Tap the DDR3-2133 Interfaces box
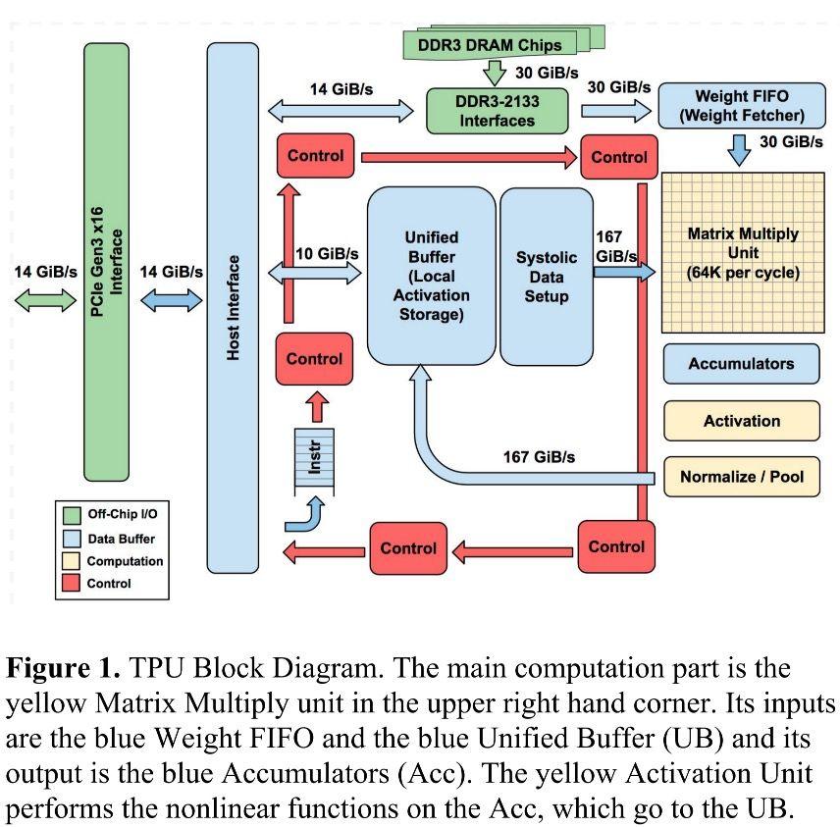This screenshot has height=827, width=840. [497, 111]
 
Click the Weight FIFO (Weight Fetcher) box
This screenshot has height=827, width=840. [742, 106]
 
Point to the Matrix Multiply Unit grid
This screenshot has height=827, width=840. [743, 253]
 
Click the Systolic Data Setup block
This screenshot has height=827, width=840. [547, 277]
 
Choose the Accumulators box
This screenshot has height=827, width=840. [741, 363]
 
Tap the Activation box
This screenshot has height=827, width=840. [741, 421]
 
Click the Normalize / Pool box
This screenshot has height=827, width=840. [741, 477]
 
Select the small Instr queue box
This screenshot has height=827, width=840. [315, 460]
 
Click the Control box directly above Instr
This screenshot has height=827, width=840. [314, 359]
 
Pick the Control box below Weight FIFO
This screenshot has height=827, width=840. [619, 157]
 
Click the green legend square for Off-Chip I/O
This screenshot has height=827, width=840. [72, 514]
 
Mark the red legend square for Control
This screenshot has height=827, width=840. [72, 584]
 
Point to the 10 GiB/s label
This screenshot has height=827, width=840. [327, 254]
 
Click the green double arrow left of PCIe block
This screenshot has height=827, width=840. [45, 300]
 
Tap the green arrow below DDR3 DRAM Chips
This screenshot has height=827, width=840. [496, 72]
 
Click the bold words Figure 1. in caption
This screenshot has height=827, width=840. [64, 670]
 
